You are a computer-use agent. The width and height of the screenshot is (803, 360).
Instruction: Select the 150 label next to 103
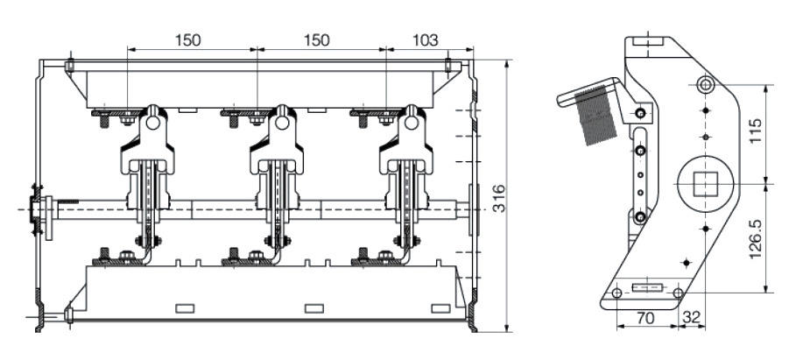(320, 39)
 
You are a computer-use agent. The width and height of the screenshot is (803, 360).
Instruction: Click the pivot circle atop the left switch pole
(153, 124)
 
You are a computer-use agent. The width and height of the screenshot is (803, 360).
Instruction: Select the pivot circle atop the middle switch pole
(282, 124)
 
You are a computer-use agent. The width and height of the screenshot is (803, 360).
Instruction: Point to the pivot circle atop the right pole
(412, 124)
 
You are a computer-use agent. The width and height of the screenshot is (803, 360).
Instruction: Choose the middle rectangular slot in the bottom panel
(313, 307)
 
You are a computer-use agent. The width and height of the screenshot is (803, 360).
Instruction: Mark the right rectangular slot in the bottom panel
(441, 307)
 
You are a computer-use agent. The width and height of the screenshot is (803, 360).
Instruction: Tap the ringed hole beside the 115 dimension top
(706, 84)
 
